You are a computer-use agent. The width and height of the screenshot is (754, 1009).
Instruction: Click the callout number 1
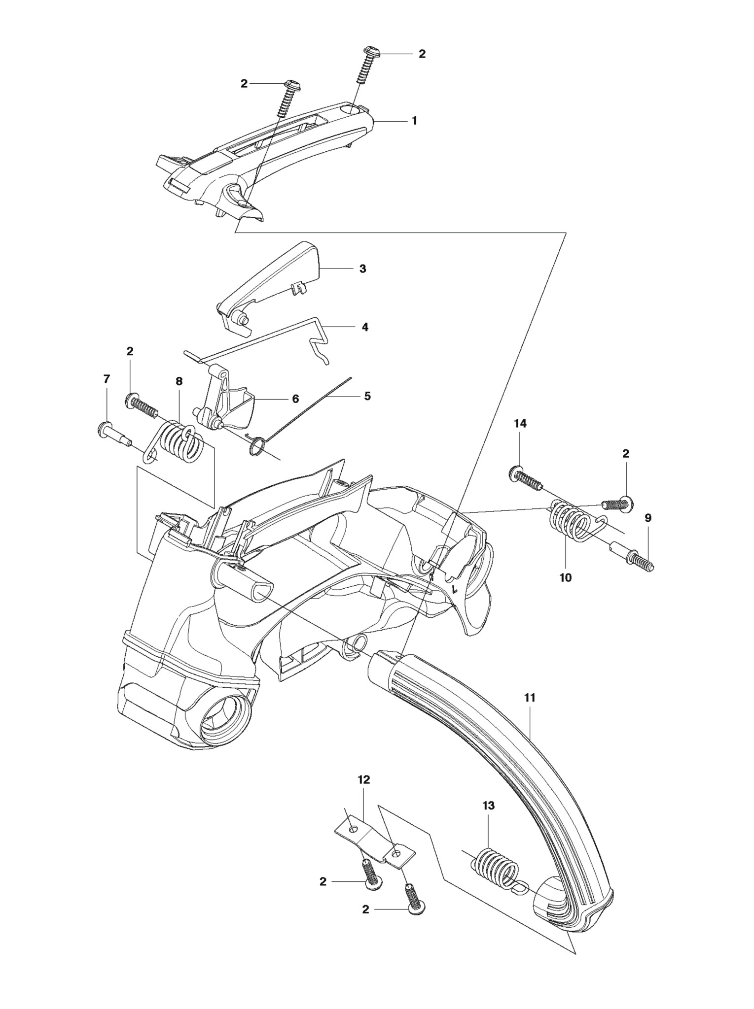(414, 120)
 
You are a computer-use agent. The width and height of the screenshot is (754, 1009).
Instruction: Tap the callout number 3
(362, 269)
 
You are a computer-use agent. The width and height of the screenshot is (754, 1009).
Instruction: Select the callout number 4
(365, 327)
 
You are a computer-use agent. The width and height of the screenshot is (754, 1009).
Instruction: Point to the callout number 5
(367, 396)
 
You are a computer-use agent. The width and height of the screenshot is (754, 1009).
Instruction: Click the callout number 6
(295, 399)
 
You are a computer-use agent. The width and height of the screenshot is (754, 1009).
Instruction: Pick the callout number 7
(107, 379)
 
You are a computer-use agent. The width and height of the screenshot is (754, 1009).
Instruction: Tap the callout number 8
(179, 381)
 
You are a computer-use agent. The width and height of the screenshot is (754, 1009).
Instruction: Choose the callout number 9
(648, 518)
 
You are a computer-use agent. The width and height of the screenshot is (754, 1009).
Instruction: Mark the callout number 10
(565, 577)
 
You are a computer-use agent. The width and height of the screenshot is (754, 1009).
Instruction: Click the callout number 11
(530, 698)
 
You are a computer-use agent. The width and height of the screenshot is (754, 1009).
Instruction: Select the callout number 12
(364, 780)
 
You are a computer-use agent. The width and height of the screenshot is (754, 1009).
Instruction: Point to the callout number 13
(488, 806)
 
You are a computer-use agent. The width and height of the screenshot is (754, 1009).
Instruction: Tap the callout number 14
(520, 424)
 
